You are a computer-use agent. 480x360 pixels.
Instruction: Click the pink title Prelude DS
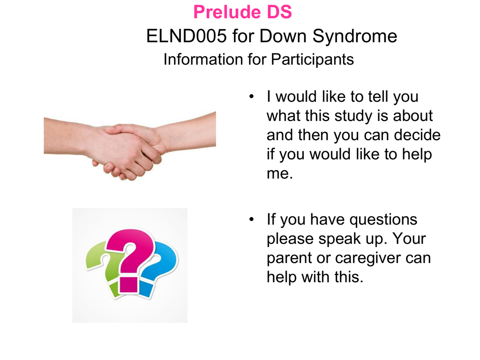(242, 12)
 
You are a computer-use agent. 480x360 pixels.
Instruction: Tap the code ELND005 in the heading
(187, 36)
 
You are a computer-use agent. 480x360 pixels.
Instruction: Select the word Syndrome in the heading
(355, 37)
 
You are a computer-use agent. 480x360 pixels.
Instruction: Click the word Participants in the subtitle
(312, 60)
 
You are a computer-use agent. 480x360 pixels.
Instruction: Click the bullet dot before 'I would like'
(252, 97)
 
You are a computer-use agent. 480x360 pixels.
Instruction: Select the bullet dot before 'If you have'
(252, 219)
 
